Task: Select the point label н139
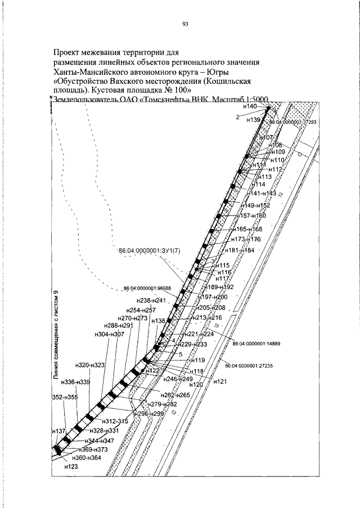point(253,120)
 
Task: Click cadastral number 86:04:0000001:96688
point(155,289)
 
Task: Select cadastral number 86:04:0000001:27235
point(249,366)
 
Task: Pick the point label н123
point(71,467)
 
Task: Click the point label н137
point(58,431)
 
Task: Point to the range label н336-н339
point(76,382)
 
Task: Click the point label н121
point(220,381)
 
